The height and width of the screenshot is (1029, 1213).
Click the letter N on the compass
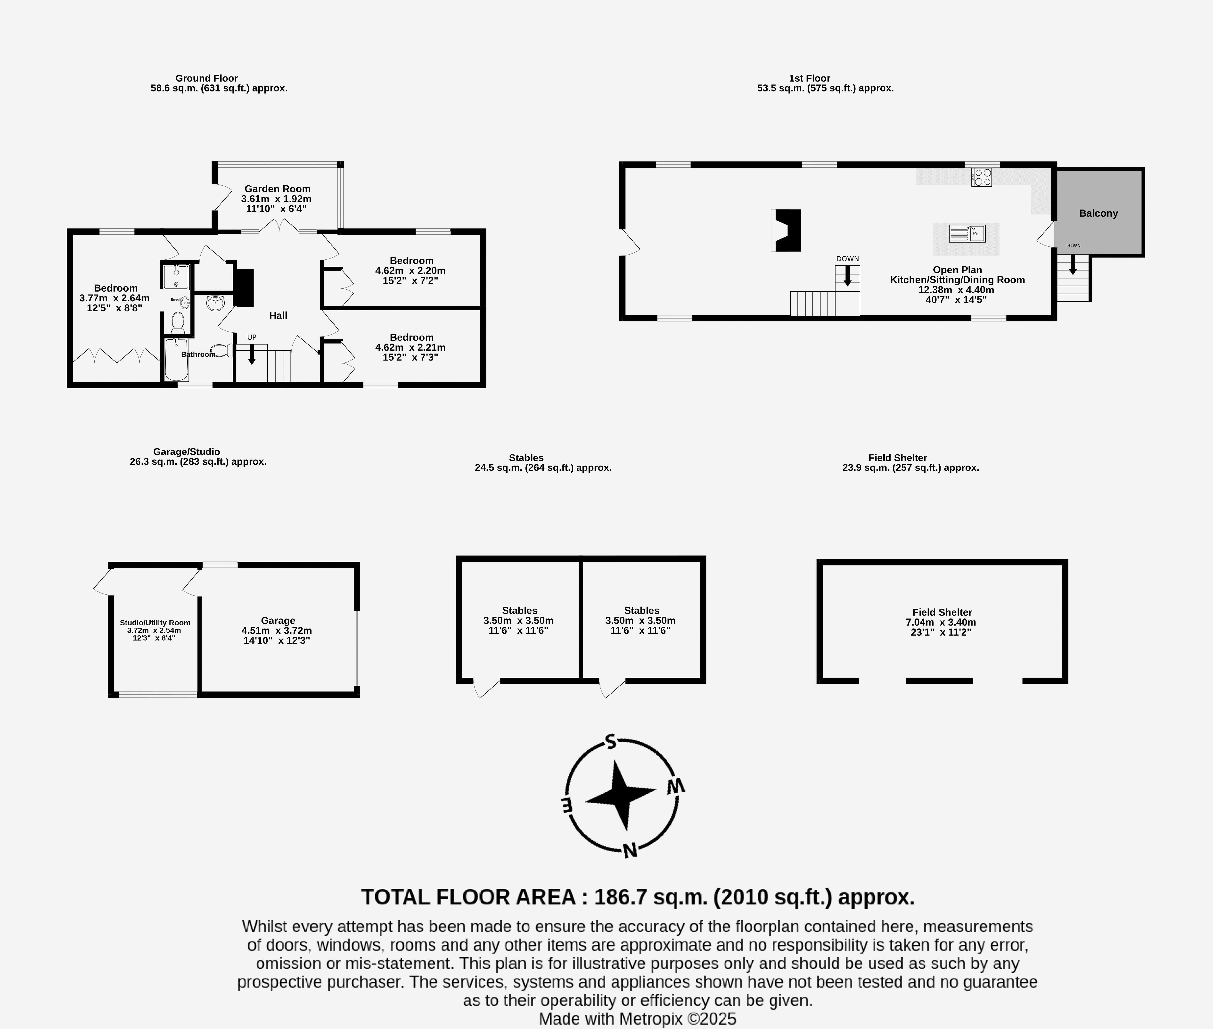(x=630, y=850)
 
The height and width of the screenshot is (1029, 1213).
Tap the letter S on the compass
(x=611, y=741)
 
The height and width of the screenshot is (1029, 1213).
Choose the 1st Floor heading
(x=810, y=78)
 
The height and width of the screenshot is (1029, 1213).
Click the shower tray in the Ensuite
(x=176, y=277)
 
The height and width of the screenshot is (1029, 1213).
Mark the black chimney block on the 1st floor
(x=787, y=230)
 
